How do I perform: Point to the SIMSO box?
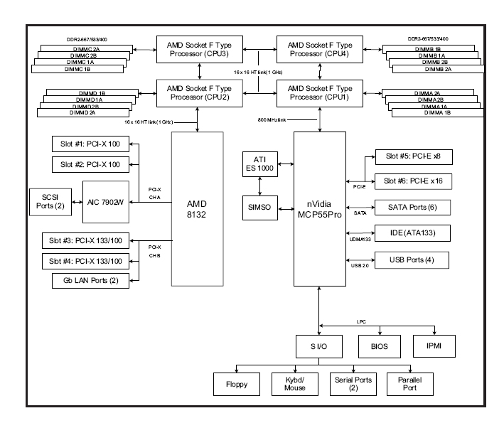259,208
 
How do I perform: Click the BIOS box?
380,348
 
